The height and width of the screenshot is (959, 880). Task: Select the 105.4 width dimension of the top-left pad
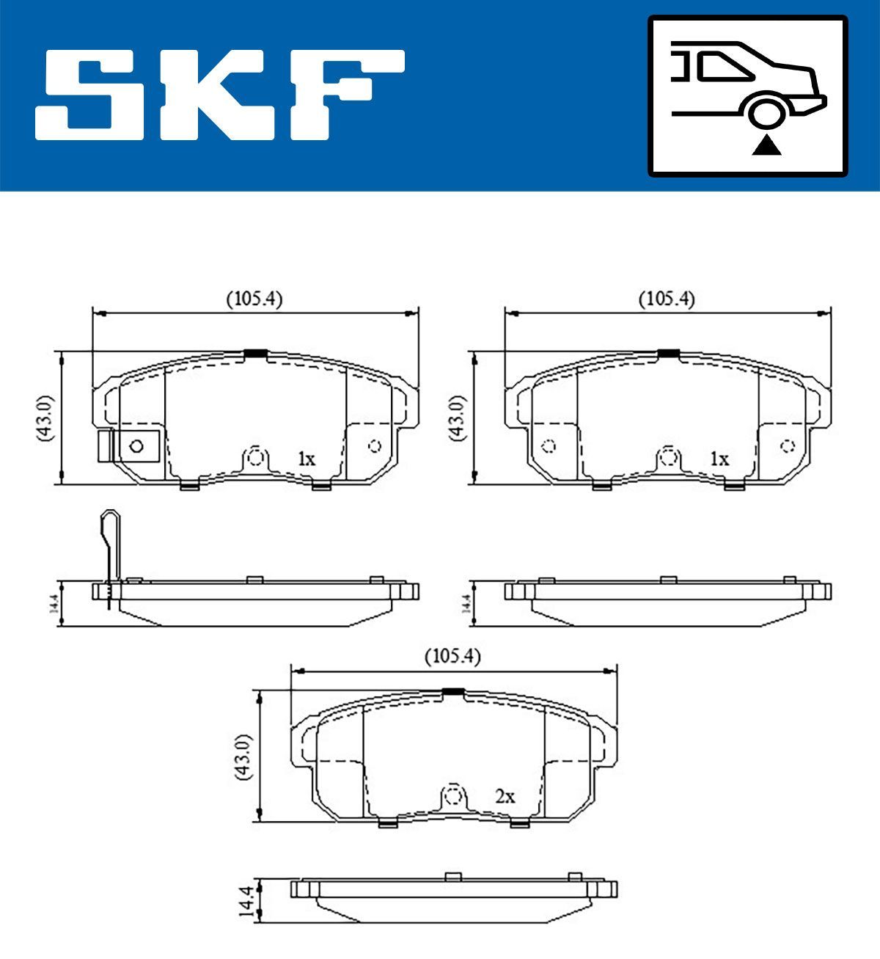click(254, 299)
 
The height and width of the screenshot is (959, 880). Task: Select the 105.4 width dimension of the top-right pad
click(667, 299)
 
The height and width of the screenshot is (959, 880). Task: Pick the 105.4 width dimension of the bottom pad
click(452, 657)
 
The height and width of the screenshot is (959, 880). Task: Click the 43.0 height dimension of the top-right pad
click(458, 417)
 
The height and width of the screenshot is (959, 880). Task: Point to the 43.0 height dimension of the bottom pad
click(244, 756)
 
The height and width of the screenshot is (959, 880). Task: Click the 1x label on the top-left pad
click(307, 460)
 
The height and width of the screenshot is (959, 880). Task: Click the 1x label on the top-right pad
click(719, 460)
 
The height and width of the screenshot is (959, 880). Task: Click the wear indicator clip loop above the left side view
click(109, 522)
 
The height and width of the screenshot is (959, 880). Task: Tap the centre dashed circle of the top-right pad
click(667, 457)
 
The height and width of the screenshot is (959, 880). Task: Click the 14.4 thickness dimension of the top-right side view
click(466, 604)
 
